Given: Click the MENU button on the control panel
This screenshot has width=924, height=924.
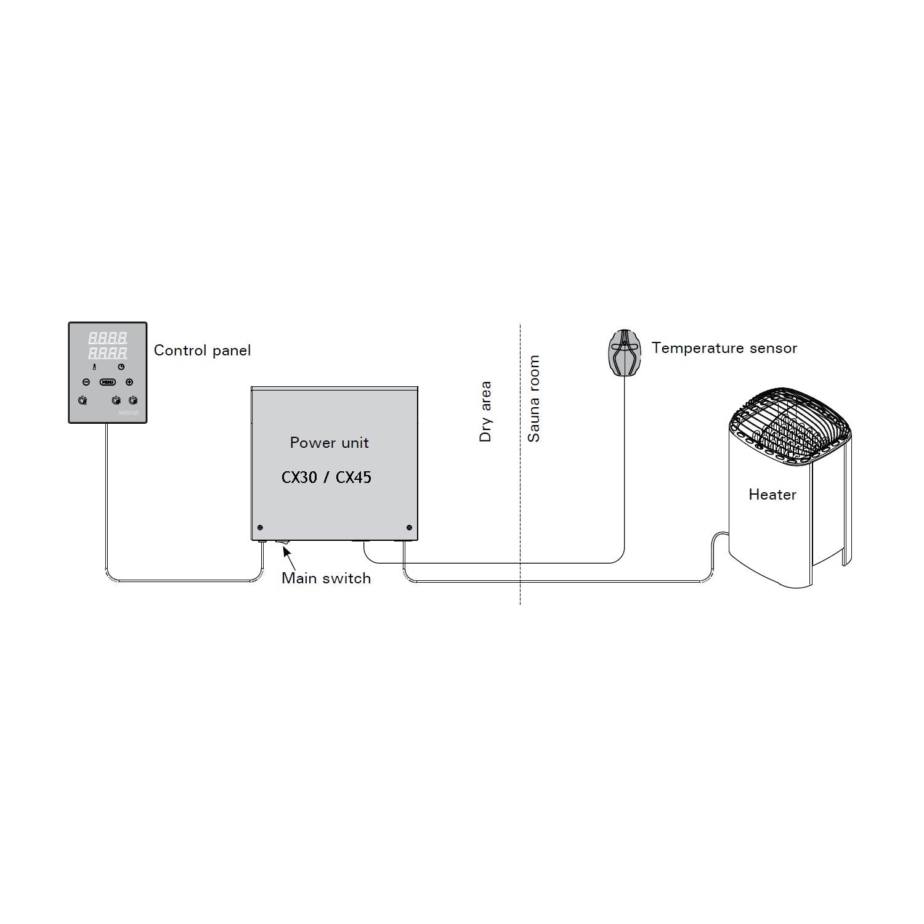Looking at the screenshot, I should point(108,382).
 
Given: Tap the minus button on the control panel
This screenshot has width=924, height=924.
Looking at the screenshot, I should point(86,382).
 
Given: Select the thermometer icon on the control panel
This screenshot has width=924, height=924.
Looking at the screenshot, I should point(94,367).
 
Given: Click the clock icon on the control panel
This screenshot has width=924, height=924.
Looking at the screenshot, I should point(121,367).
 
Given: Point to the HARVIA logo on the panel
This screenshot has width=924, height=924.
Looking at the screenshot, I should point(127,413).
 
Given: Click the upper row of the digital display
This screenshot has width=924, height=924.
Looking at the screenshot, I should point(108,338).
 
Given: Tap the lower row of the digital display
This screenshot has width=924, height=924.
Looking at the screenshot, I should point(108,353).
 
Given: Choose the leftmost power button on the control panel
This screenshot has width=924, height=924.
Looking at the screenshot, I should point(83,401).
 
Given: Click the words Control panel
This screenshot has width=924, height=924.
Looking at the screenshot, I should point(202,351).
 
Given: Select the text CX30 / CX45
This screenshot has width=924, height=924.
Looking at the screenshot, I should point(326,477).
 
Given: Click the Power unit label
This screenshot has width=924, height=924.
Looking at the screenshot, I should point(329,443).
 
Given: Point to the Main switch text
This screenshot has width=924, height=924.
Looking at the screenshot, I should point(326,578).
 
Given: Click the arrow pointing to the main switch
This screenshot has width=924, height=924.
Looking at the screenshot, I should point(288,557).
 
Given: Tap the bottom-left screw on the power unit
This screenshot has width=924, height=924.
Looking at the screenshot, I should point(260,528).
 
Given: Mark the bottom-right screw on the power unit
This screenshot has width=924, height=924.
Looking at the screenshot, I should point(410,528).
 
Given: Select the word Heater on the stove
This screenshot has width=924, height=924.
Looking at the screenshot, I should point(772,495).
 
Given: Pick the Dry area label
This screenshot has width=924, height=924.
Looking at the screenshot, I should point(485,411).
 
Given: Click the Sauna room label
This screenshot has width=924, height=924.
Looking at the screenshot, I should point(533,399).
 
